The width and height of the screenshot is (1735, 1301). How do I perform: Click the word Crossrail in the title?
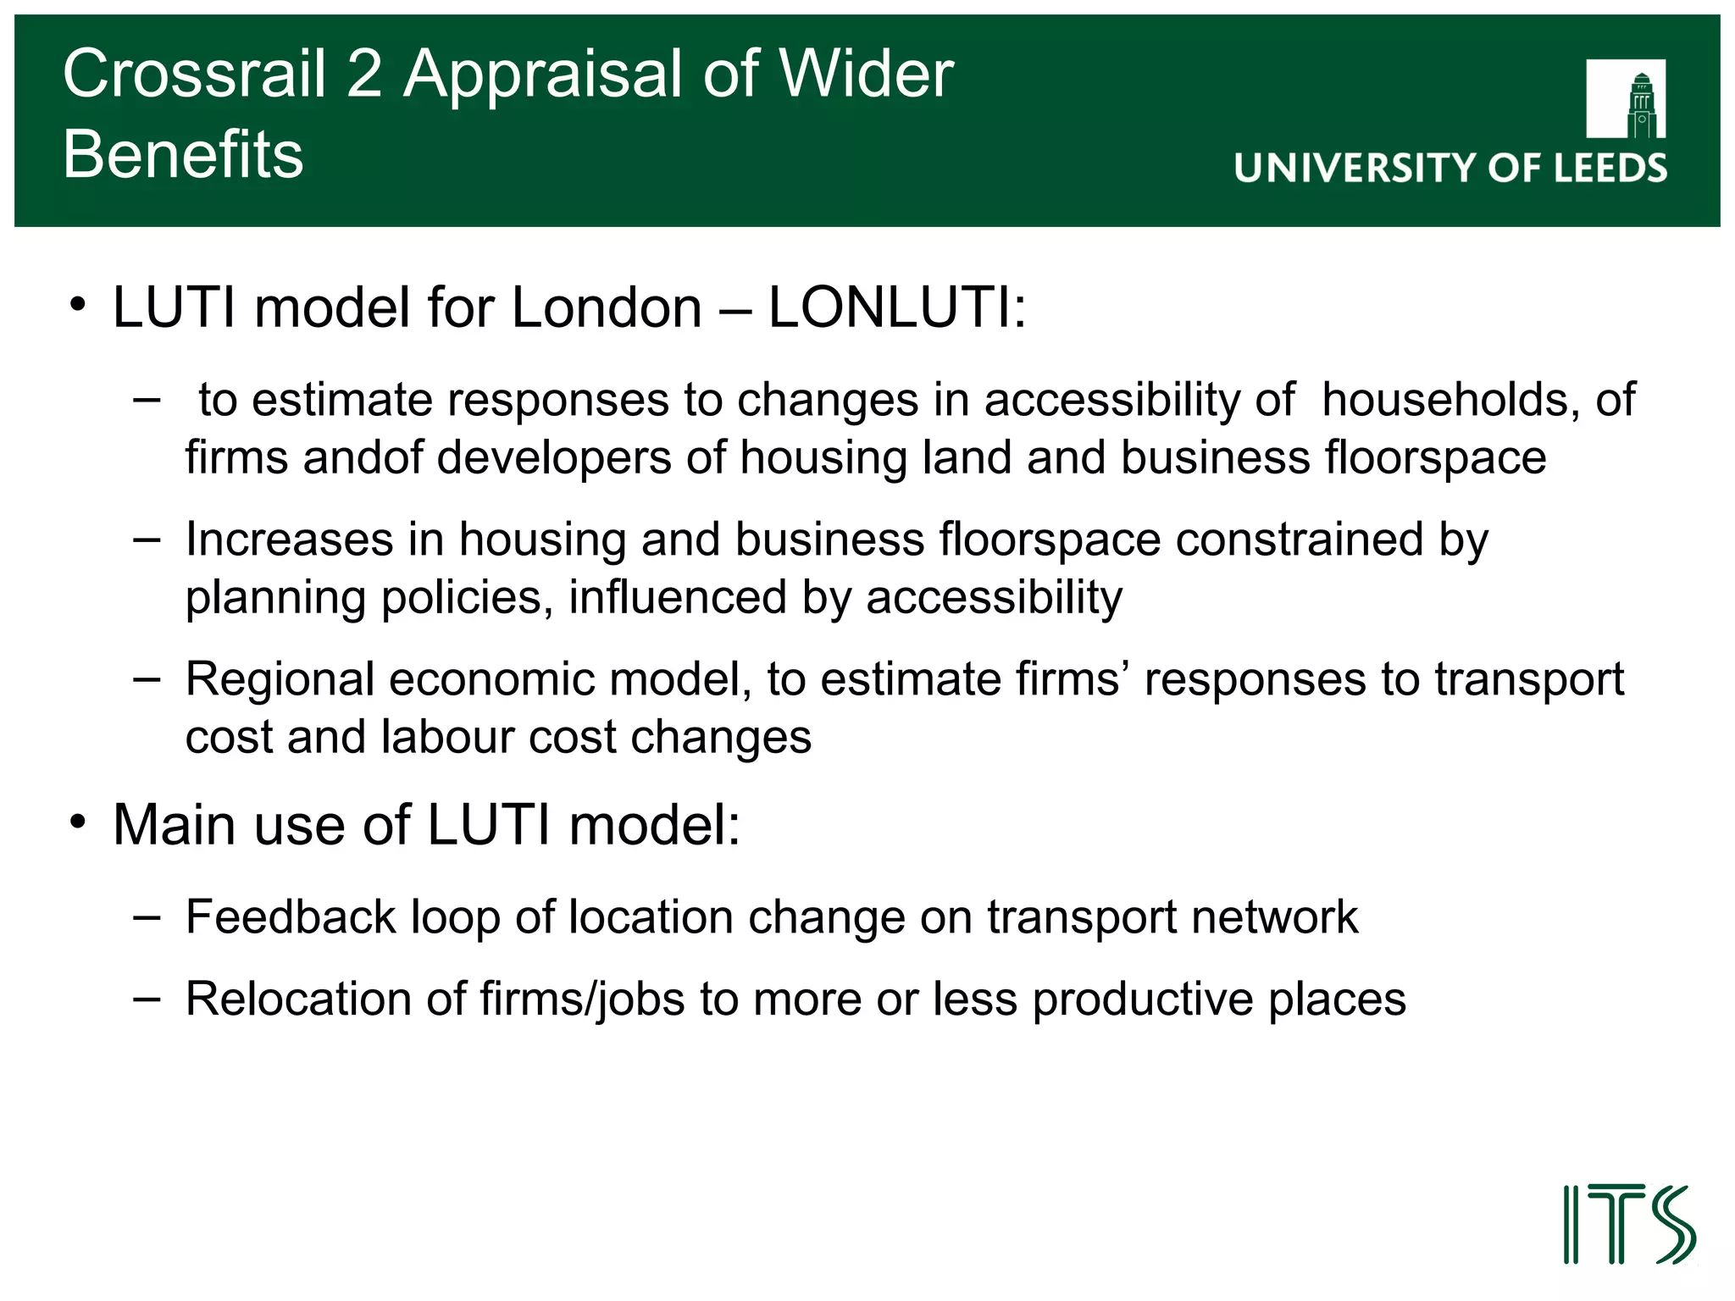click(194, 75)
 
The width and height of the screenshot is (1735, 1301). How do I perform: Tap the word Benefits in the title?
click(183, 155)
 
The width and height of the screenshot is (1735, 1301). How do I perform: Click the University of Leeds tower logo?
click(1626, 99)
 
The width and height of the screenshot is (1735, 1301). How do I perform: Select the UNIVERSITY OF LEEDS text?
click(1450, 169)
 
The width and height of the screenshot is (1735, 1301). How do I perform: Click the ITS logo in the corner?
click(1628, 1225)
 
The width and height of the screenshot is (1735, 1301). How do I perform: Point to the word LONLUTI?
click(896, 307)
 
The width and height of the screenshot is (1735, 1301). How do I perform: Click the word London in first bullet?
click(607, 307)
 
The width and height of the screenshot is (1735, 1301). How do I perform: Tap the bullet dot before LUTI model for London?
click(79, 304)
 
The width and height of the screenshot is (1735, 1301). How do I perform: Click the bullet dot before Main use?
click(79, 822)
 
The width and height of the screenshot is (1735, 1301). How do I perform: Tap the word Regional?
click(280, 679)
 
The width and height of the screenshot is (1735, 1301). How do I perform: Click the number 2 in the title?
click(364, 75)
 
